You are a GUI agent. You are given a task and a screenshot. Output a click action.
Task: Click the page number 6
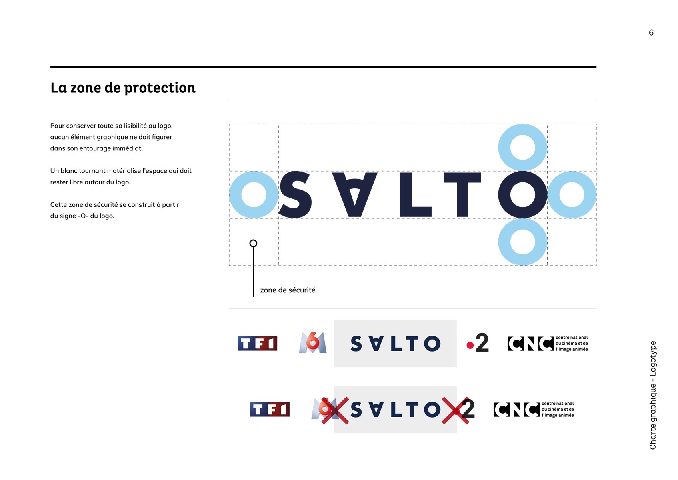651,33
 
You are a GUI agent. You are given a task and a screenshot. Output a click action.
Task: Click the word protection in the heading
160,88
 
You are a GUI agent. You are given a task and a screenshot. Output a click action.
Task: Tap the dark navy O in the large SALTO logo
504,195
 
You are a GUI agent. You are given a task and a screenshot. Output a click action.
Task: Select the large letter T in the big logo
462,195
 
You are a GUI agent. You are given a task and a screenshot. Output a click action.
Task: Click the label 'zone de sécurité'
288,290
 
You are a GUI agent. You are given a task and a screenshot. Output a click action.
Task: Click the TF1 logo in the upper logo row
257,343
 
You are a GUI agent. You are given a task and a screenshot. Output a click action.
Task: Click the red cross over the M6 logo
335,410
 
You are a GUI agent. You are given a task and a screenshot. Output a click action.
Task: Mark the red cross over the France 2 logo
456,410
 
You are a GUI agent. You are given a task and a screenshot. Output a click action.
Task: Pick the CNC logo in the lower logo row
533,409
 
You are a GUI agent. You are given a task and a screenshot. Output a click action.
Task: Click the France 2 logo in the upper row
478,342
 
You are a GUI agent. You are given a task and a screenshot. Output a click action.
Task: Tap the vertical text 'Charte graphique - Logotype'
652,395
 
